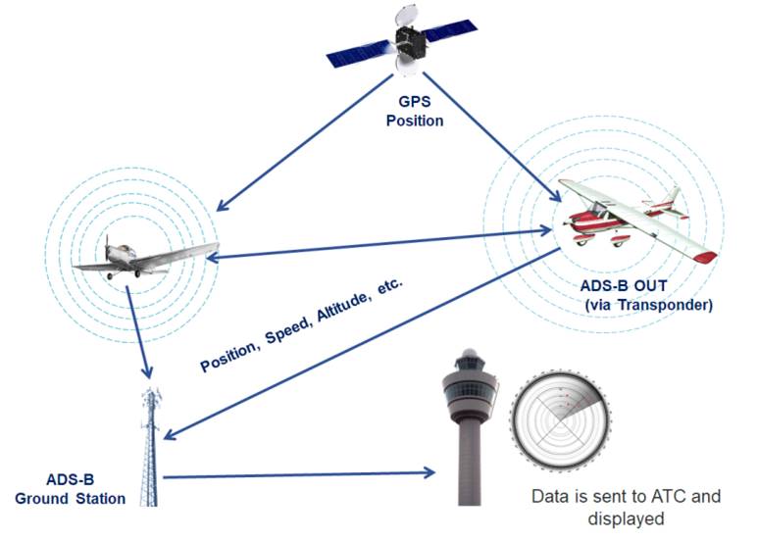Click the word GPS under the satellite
[x=414, y=102]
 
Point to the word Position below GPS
[x=414, y=121]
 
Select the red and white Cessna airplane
[x=629, y=216]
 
